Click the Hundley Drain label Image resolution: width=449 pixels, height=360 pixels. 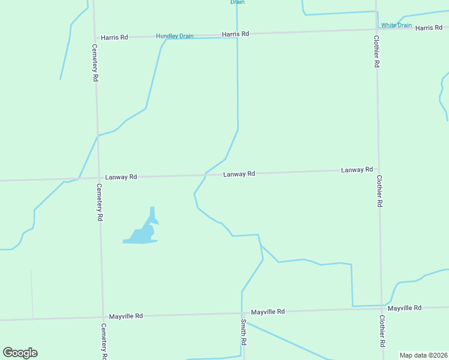175,36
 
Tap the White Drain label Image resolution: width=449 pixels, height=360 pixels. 396,25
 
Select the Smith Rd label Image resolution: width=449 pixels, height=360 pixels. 244,331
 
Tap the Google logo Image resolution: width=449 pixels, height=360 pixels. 20,353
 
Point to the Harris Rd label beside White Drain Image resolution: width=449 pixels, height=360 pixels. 429,28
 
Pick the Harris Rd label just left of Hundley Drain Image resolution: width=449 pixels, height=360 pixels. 114,37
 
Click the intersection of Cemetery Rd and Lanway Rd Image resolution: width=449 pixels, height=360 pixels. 98,178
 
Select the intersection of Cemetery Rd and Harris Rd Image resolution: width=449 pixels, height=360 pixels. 94,37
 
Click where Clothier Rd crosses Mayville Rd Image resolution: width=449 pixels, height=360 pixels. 381,308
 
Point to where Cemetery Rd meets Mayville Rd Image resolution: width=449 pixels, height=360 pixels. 103,316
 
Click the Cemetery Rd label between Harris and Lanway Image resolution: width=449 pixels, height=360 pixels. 95,62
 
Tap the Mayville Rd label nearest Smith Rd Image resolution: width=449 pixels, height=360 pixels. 268,312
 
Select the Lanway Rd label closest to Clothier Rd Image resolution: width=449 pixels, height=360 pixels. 357,170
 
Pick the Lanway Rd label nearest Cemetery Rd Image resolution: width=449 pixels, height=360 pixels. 121,177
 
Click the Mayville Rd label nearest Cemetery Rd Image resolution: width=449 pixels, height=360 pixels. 125,316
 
